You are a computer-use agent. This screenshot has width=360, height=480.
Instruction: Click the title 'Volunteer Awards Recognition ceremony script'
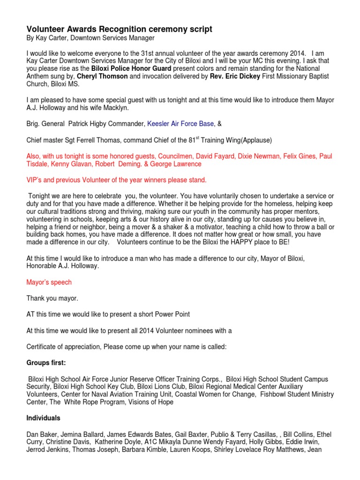click(x=119, y=30)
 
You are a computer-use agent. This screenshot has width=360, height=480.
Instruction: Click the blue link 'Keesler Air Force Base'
click(x=180, y=124)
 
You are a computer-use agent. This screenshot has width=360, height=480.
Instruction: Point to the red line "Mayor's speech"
click(x=49, y=282)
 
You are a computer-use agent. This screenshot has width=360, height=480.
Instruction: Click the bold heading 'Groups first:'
click(x=47, y=363)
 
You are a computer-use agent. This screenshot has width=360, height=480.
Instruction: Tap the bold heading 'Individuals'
click(x=44, y=418)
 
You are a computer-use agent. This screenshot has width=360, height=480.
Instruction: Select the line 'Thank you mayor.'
click(x=52, y=298)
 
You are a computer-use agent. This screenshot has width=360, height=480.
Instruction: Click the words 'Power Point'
click(x=172, y=314)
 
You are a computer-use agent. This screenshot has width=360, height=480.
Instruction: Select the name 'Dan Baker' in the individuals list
click(x=41, y=434)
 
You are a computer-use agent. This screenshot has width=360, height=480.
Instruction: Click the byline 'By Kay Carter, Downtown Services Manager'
click(x=90, y=38)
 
